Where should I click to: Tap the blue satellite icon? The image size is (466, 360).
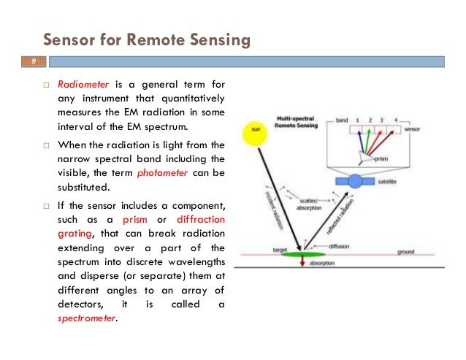pos(355,180)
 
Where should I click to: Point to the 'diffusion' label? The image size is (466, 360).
pos(337,245)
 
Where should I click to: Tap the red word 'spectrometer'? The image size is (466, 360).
pos(86,319)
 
